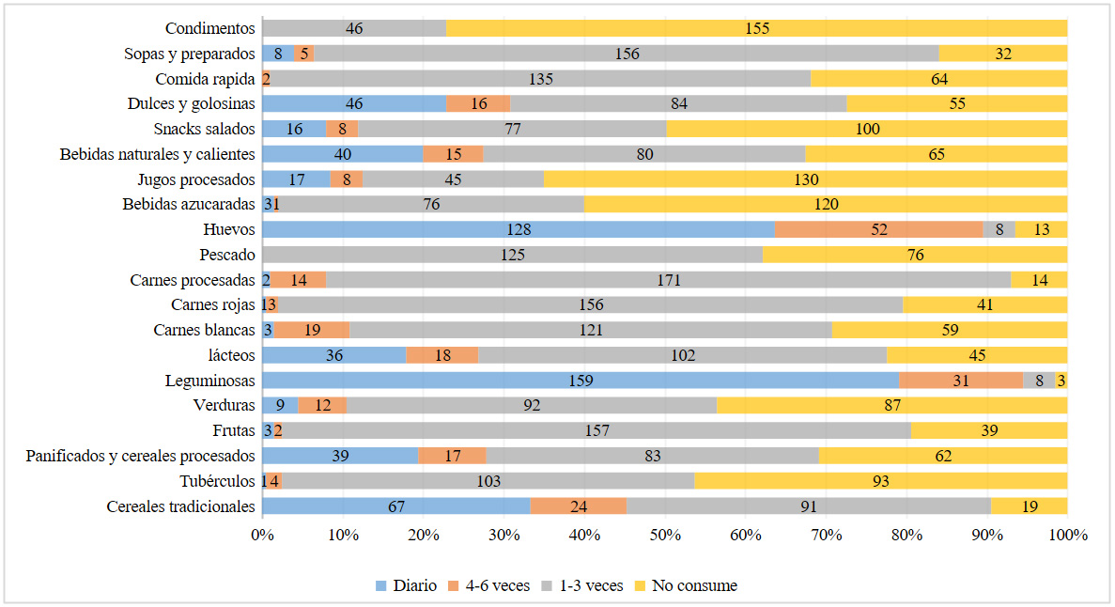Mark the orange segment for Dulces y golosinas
478,103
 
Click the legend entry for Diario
406,585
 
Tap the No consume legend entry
695,585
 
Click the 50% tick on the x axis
665,535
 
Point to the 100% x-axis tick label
1067,535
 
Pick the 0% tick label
262,535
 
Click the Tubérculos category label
217,481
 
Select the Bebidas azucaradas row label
189,204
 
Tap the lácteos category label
233,355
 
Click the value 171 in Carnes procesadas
667,280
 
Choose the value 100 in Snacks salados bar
867,129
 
